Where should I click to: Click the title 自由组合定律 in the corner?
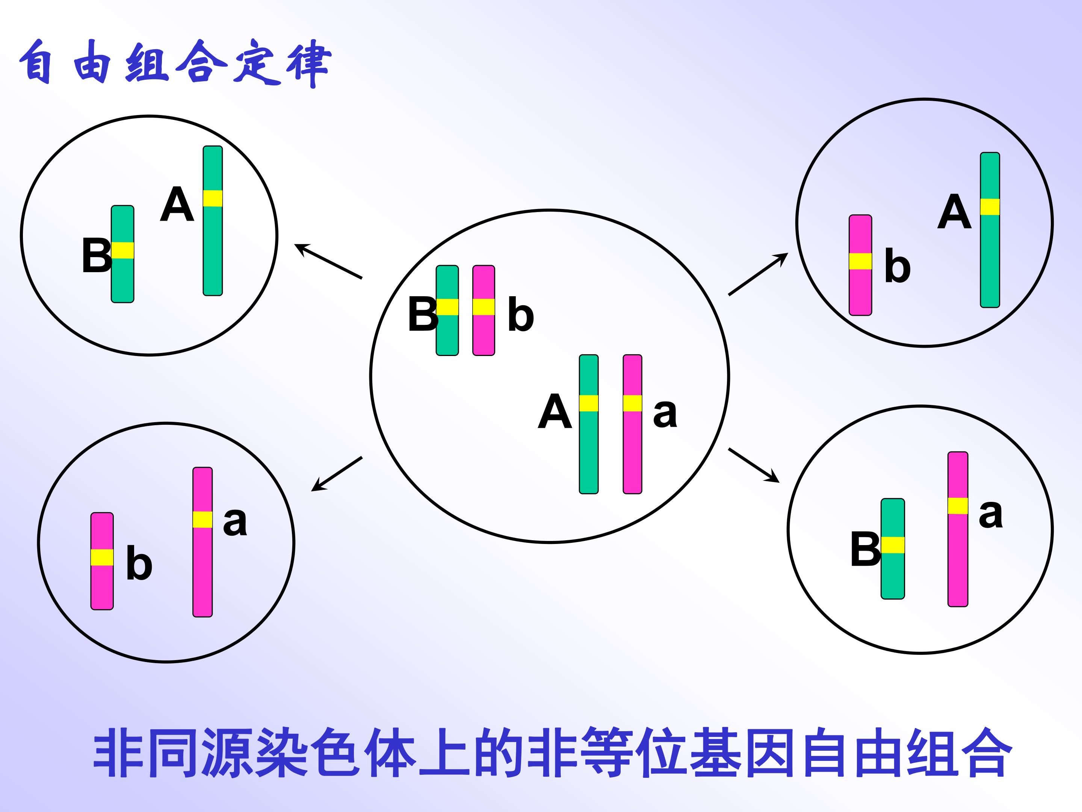175,63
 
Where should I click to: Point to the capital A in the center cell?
555,411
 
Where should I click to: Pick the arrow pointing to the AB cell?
328,261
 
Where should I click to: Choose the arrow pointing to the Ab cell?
758,274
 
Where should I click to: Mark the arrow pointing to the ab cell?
337,474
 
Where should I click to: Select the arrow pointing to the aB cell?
754,465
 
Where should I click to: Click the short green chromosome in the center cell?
447,310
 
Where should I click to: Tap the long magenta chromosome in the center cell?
632,424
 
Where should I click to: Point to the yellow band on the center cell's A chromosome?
588,403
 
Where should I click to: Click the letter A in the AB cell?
177,204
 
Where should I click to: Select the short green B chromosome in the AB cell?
122,254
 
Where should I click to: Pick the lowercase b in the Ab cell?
898,266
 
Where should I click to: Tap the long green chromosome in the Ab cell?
990,230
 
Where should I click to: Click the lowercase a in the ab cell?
235,522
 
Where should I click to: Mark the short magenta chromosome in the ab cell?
102,561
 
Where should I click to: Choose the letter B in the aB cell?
865,549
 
